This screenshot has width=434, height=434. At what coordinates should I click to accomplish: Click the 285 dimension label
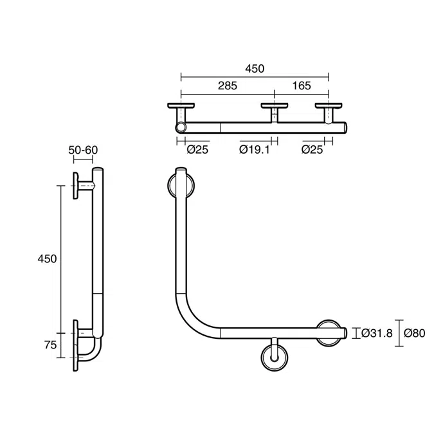click(x=227, y=86)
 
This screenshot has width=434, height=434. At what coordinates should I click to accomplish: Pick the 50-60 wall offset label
click(x=84, y=150)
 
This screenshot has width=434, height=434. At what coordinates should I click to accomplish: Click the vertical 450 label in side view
click(x=47, y=258)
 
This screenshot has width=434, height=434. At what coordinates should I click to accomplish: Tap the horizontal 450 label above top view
click(x=255, y=69)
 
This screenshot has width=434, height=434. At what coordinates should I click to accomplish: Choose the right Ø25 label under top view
click(x=312, y=150)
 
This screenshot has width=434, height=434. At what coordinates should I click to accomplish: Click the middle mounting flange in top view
click(x=276, y=105)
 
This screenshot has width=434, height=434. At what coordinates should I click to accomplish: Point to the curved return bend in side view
click(x=95, y=350)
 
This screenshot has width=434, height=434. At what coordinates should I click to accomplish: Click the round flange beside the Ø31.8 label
click(x=330, y=332)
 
